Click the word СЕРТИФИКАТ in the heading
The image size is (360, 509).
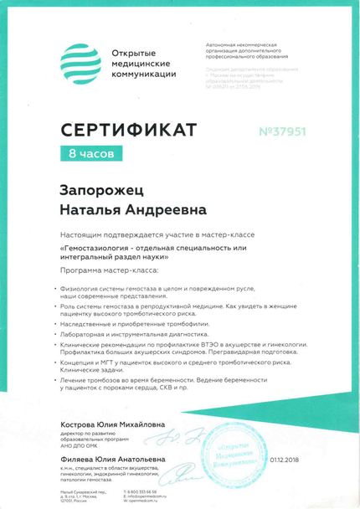(127, 130)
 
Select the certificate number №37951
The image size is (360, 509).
(280, 130)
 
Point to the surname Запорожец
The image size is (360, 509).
(100, 191)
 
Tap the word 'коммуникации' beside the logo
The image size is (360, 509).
(144, 75)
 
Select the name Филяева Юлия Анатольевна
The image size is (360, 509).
(112, 459)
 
